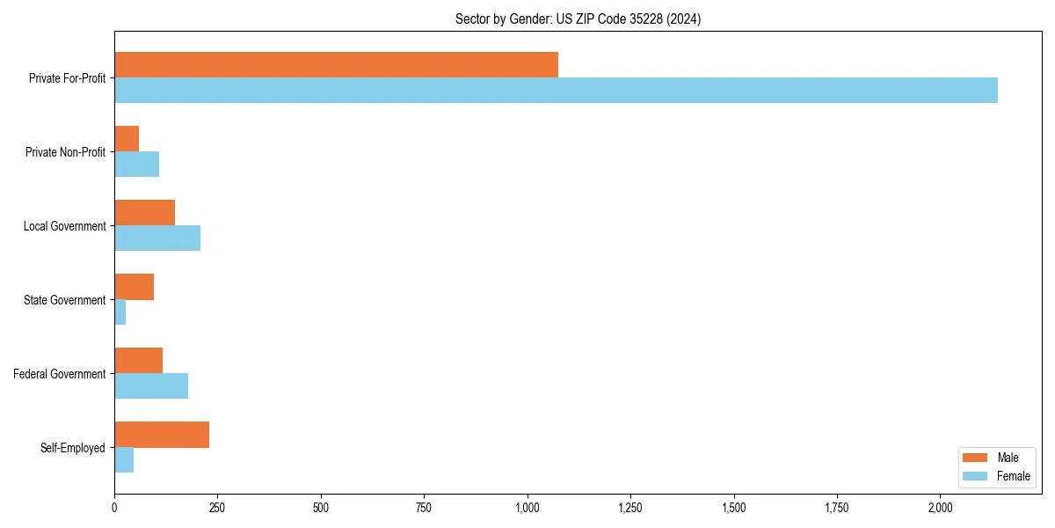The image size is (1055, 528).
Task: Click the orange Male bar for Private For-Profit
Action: (336, 65)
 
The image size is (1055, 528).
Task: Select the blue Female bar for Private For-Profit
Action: (556, 91)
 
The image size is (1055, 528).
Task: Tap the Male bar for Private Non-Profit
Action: (127, 139)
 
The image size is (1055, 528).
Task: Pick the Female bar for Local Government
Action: (157, 238)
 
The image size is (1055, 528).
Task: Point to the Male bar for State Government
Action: (134, 287)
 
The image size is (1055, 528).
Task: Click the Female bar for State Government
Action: (120, 312)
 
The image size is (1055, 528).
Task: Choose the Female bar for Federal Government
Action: (151, 386)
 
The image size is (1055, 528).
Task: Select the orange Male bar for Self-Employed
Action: (162, 435)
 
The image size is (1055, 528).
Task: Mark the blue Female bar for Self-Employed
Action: (124, 460)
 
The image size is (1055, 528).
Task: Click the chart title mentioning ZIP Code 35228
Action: (578, 18)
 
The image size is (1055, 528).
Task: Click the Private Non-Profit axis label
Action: (65, 152)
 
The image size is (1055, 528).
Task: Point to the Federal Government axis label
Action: (59, 374)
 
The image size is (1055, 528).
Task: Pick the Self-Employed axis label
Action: (72, 448)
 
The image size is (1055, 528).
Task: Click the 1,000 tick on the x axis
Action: (527, 508)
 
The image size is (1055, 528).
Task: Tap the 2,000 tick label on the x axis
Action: (940, 508)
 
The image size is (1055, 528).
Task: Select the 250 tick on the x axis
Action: (217, 508)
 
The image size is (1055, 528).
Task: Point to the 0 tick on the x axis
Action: (114, 508)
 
